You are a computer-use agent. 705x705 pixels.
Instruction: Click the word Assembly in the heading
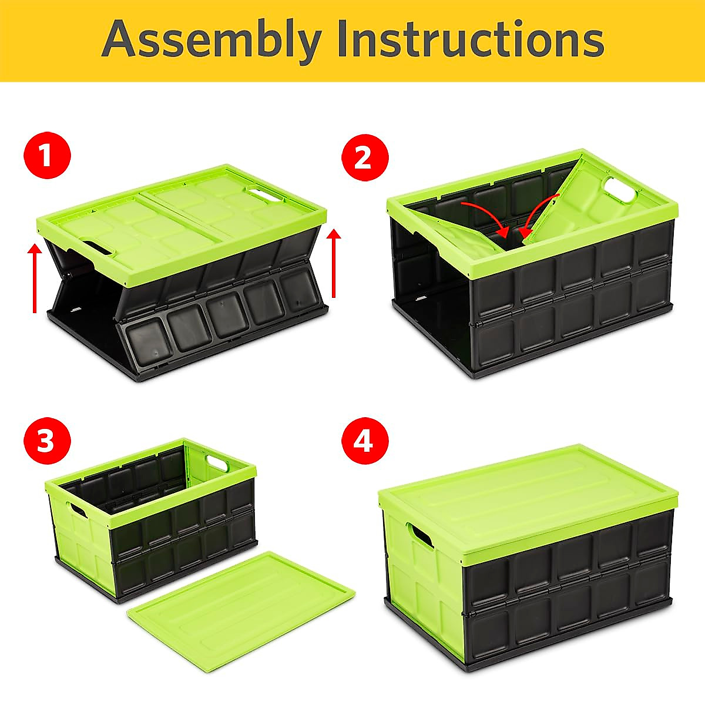(x=211, y=39)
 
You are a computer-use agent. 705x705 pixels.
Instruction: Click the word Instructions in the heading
(x=470, y=39)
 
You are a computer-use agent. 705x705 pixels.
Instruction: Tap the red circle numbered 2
(x=364, y=157)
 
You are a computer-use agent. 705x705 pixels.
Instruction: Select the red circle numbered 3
(x=47, y=441)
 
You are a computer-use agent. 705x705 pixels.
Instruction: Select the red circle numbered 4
(x=364, y=441)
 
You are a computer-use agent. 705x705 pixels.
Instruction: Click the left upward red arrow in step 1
(x=35, y=279)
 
